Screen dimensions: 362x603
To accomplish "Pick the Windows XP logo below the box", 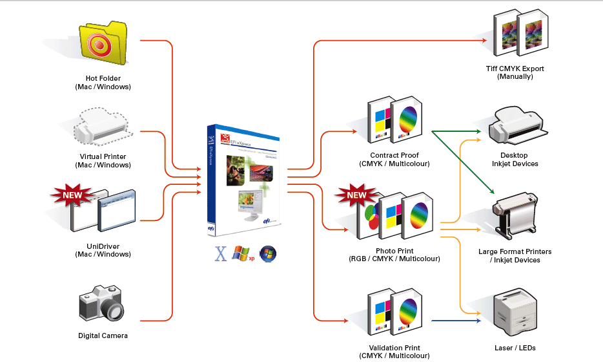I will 241,253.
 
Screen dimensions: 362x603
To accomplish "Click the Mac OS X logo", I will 221,253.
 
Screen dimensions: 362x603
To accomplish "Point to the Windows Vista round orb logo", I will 268,253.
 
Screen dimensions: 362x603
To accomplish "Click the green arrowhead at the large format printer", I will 492,192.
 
